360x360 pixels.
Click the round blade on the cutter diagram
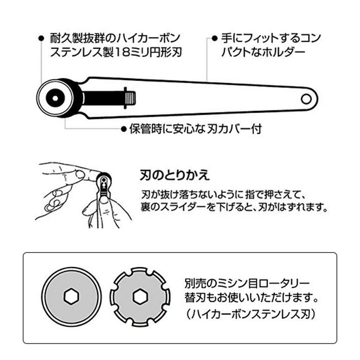(53, 96)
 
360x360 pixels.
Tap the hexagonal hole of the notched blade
(138, 297)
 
